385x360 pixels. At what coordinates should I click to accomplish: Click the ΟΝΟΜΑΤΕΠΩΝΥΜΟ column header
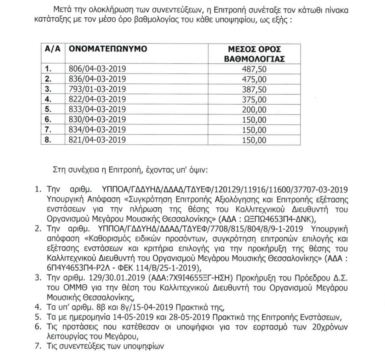click(x=108, y=49)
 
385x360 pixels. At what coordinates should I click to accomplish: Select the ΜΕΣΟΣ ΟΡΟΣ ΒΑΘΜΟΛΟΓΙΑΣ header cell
click(x=254, y=54)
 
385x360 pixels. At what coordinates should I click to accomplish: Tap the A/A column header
click(x=53, y=49)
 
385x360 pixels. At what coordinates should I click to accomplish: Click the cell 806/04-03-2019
click(x=97, y=69)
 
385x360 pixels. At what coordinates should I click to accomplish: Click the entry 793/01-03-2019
click(x=97, y=89)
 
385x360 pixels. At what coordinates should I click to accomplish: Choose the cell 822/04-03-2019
click(x=97, y=99)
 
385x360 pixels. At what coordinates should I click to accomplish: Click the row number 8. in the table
click(x=48, y=140)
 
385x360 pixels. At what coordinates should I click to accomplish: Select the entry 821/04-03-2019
click(x=97, y=140)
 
